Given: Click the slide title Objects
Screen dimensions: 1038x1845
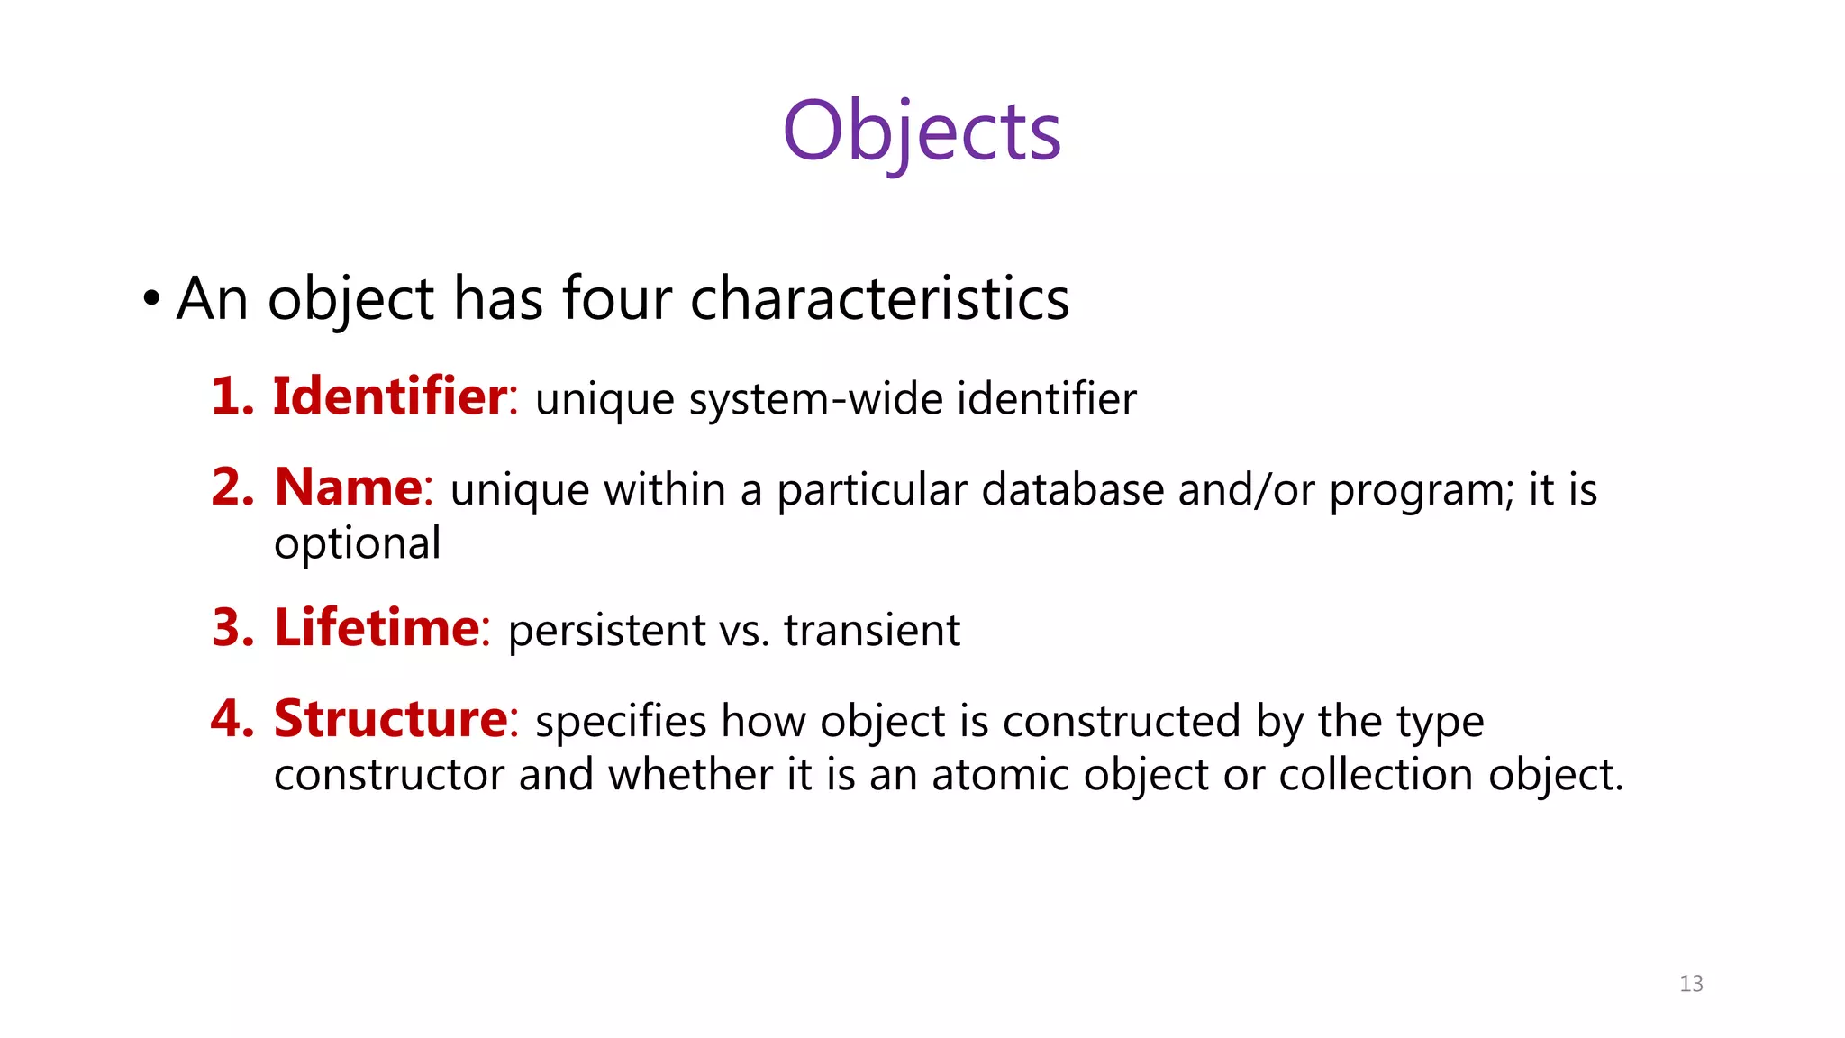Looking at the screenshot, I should [x=922, y=132].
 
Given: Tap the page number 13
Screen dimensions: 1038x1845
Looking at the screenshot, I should [x=1691, y=984].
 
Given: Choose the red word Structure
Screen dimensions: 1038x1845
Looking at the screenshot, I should [x=391, y=719].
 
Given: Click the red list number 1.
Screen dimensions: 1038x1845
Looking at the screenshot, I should [x=232, y=397].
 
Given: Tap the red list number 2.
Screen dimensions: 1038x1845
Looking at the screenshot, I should [x=232, y=488].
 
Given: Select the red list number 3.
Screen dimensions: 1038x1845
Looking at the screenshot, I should [x=232, y=628].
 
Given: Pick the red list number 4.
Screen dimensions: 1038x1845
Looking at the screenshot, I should [x=232, y=720].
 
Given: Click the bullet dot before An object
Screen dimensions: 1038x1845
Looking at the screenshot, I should [x=151, y=298].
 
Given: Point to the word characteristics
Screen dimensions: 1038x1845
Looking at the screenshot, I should [x=879, y=298].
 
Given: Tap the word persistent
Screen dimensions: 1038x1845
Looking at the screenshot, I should [x=607, y=630].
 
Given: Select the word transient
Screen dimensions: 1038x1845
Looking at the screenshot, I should [x=871, y=630].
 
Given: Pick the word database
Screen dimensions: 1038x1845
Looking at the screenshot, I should [x=1072, y=490].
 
